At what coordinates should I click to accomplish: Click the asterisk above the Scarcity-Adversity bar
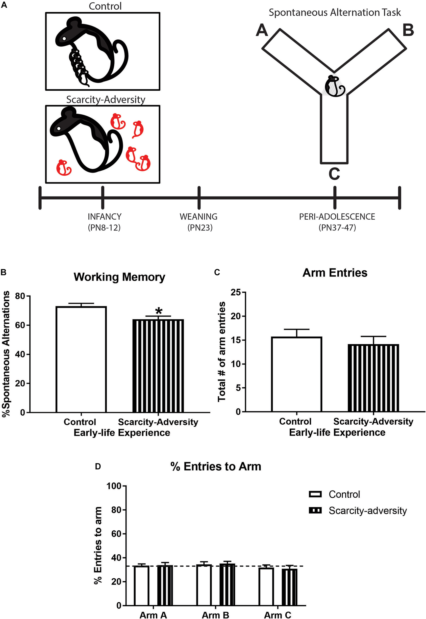point(159,311)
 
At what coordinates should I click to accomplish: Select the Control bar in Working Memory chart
point(81,359)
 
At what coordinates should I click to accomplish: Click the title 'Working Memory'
point(119,277)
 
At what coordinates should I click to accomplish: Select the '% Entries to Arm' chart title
point(216,466)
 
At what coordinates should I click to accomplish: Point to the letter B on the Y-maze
point(408,30)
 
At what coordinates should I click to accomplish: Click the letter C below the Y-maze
point(334,174)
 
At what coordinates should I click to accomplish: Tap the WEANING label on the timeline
point(199,216)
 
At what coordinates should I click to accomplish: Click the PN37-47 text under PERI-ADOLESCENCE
point(337,228)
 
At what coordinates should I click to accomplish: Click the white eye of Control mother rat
point(64,38)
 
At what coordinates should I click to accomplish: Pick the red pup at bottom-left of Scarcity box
point(64,167)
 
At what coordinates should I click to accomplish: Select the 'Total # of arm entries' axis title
point(222,352)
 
